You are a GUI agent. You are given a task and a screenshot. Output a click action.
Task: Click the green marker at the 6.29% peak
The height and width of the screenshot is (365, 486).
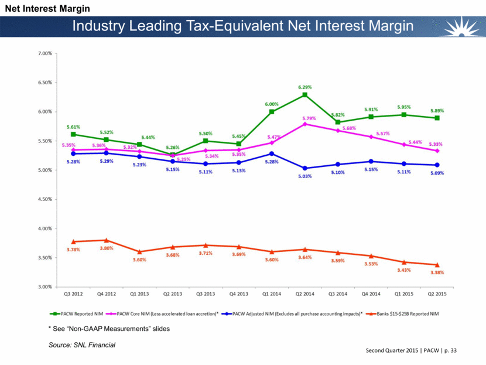tap(305, 95)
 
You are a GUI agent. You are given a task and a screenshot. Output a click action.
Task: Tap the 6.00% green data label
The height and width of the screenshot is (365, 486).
tap(272, 104)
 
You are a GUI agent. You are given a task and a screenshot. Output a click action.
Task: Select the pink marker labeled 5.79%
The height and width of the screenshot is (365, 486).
tap(305, 124)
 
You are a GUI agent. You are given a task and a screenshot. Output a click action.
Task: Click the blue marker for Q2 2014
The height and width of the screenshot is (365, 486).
tap(305, 168)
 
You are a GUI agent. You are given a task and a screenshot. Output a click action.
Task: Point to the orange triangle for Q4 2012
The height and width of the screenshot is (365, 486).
tap(105, 240)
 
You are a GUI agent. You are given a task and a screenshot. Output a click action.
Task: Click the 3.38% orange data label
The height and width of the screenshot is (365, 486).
tap(437, 272)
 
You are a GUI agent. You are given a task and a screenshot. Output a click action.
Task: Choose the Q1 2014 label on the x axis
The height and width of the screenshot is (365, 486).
tap(272, 295)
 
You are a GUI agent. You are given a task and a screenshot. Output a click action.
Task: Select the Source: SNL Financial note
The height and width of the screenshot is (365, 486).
tap(81, 345)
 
